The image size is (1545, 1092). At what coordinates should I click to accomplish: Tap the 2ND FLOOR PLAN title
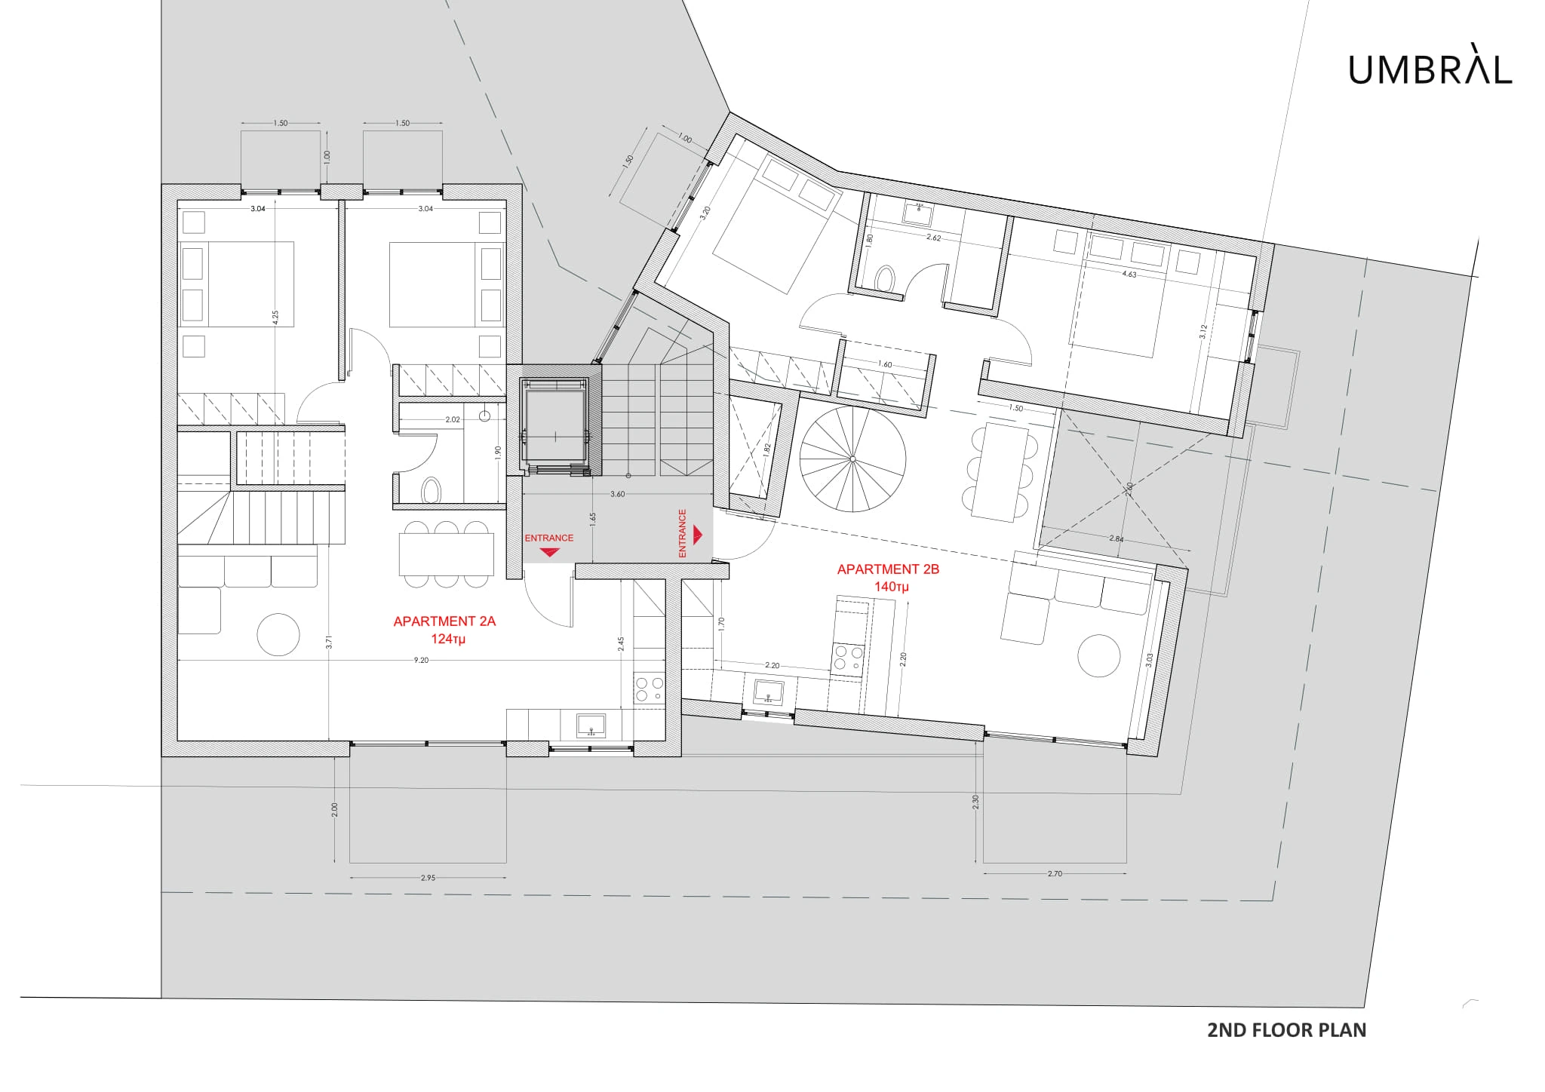(1287, 1030)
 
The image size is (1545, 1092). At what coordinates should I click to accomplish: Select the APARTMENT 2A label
(444, 621)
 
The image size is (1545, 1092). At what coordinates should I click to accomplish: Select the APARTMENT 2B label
(888, 569)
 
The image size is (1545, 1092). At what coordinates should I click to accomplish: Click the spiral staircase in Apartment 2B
(852, 459)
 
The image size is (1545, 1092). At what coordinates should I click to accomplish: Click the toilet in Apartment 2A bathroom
(431, 490)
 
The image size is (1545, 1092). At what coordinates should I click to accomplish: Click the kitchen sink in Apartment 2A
(591, 725)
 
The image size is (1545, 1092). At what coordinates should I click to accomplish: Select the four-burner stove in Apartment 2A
(649, 687)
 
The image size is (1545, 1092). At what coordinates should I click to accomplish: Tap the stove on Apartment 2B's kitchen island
(848, 658)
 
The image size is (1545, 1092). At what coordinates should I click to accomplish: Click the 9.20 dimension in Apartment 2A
(421, 660)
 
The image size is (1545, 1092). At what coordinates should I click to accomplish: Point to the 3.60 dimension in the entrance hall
(617, 494)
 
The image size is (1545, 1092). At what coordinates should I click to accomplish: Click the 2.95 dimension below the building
(428, 878)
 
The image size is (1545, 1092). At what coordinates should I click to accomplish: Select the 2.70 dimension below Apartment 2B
(1055, 873)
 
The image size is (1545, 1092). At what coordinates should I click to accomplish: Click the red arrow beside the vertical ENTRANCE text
(698, 535)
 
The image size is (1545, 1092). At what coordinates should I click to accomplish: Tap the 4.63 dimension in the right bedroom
(1129, 275)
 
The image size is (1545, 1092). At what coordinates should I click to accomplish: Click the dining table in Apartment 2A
(446, 554)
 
